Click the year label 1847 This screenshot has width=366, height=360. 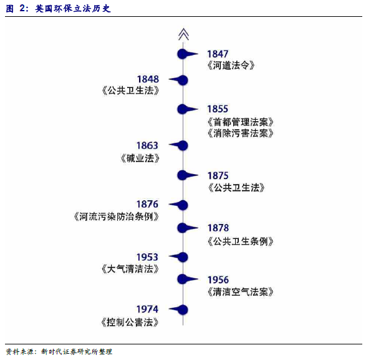tap(218, 54)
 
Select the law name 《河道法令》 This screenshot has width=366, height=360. tap(231, 66)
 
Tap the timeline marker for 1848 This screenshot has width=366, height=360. tap(179, 80)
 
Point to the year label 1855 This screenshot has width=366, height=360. tap(218, 109)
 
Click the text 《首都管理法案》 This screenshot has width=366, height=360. tap(240, 122)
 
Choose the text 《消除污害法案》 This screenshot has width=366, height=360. tap(240, 134)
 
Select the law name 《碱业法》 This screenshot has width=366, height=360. tap(140, 158)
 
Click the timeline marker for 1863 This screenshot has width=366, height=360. tap(179, 145)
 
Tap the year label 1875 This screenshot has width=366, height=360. tap(218, 176)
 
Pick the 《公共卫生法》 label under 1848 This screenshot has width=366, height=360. tap(130, 90)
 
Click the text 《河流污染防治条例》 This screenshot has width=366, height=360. tap(116, 216)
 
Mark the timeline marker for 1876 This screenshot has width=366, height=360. tap(179, 205)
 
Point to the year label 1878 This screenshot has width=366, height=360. tap(218, 228)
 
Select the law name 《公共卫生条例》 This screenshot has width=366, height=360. tap(240, 241)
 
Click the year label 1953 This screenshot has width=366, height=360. tap(147, 257)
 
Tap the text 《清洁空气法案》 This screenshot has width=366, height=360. tap(240, 292)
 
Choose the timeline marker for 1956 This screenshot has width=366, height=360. tap(187, 279)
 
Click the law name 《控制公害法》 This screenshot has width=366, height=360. tap(130, 323)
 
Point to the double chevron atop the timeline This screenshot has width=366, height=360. tap(183, 34)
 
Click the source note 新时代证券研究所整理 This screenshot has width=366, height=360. tap(77, 352)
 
